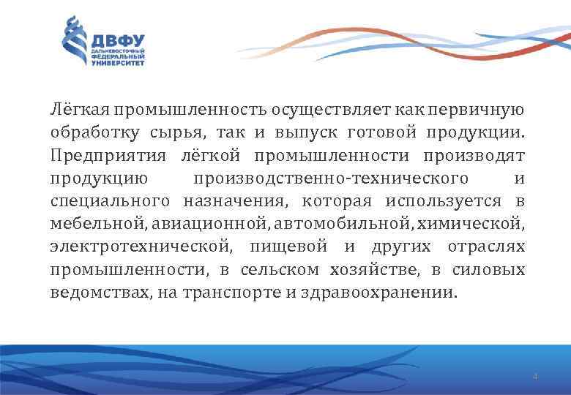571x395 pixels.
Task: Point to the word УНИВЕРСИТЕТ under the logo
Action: (118, 64)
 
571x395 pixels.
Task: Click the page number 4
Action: (535, 377)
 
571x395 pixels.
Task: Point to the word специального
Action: (110, 200)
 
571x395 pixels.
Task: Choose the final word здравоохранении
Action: (394, 292)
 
